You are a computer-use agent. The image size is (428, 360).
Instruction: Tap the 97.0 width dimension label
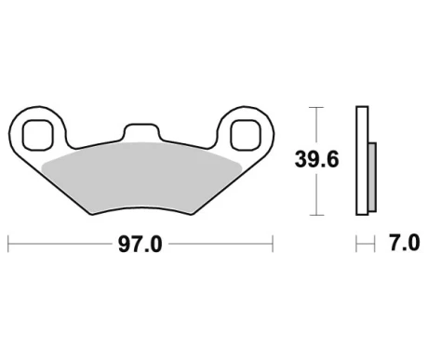[x=140, y=246]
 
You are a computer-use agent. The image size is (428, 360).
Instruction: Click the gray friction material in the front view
[x=141, y=177]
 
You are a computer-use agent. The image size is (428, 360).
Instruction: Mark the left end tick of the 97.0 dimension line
[x=7, y=246]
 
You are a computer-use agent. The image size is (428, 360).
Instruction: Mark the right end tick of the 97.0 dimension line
[x=272, y=246]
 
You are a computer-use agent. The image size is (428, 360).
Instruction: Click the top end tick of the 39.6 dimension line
[x=319, y=109]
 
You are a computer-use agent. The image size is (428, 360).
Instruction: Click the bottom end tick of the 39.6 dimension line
[x=319, y=215]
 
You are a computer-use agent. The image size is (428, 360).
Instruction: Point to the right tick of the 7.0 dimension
[x=371, y=246]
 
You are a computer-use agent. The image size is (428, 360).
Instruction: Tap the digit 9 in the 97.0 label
[x=124, y=246]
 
